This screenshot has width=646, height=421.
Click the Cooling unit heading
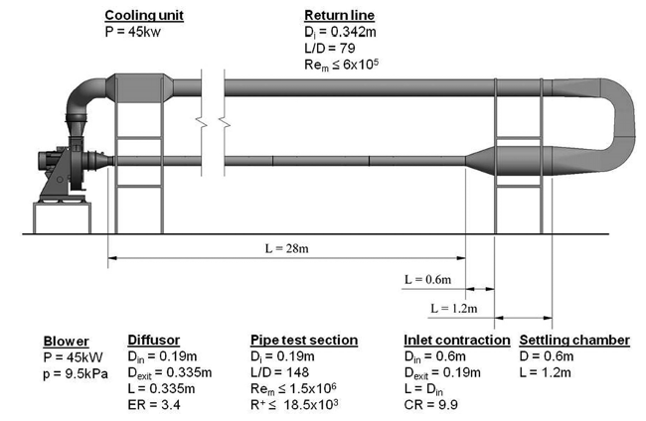(x=144, y=16)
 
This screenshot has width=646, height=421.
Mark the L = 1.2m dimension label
(x=453, y=309)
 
